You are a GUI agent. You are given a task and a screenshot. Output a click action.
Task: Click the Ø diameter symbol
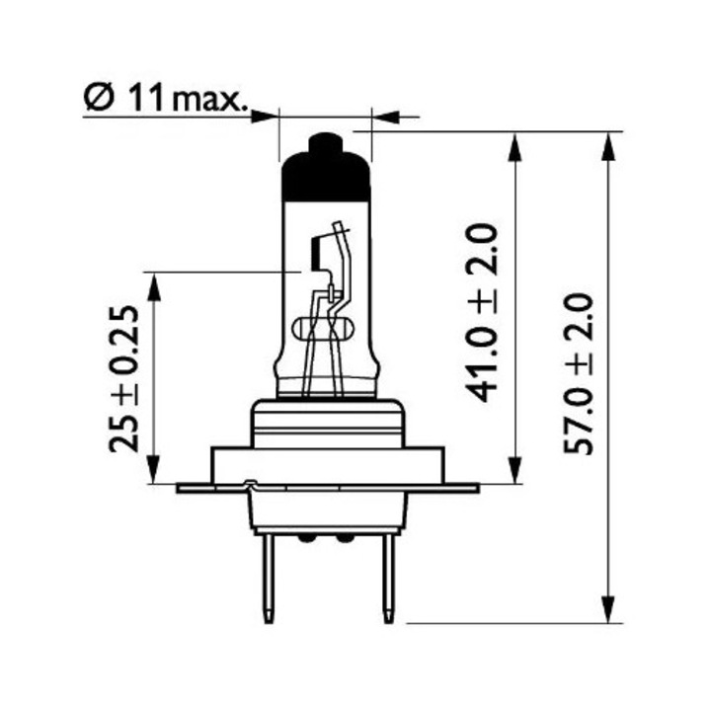pyautogui.click(x=98, y=99)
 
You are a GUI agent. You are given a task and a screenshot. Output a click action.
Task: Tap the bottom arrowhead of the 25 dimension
pyautogui.click(x=154, y=471)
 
